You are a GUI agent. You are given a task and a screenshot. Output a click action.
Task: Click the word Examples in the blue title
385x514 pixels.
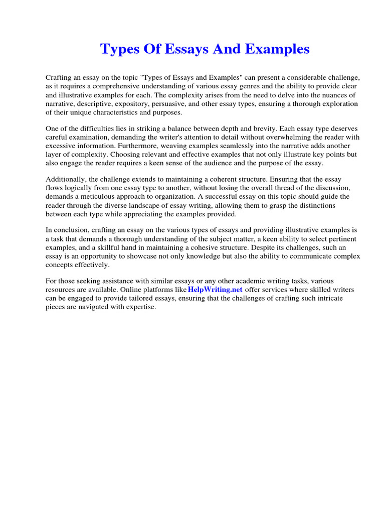pos(280,49)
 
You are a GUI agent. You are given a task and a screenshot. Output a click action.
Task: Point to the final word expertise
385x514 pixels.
pos(140,307)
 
